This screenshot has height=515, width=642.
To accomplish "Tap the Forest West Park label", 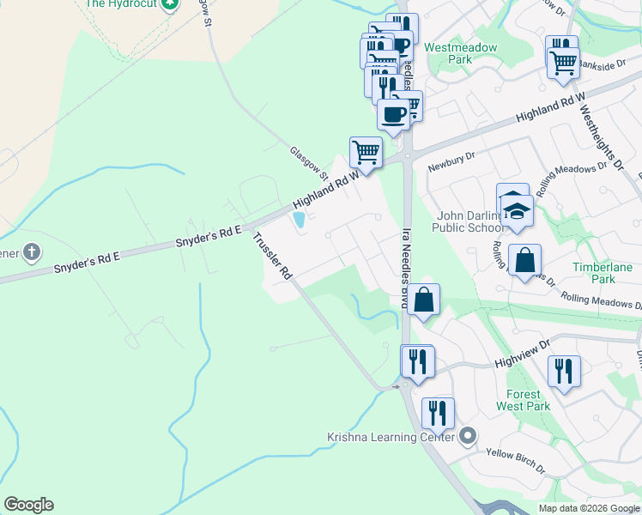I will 518,400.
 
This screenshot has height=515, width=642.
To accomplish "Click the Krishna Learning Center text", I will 391,437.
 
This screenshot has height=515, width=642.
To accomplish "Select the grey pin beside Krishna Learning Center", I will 467,436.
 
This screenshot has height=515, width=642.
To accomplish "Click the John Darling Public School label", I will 459,221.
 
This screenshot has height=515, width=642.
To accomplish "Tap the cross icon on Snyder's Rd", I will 31,252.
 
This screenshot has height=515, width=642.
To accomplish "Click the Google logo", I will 28,505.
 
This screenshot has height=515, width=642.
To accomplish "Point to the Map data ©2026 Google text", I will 589,508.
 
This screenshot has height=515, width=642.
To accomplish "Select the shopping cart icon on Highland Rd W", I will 366,153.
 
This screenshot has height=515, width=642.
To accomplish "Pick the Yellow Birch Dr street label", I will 516,462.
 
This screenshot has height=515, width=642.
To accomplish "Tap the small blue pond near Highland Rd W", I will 300,221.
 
